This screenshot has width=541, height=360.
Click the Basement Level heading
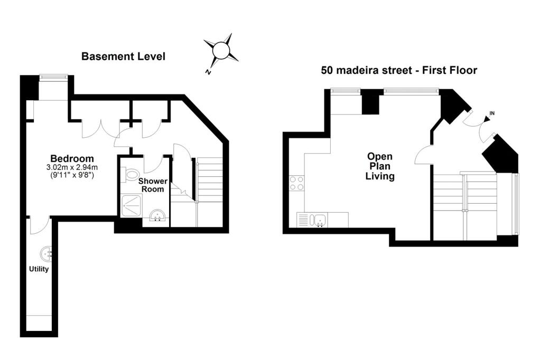pyautogui.click(x=123, y=56)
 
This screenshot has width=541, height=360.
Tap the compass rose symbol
pyautogui.click(x=221, y=50)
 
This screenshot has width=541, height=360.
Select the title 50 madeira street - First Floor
pyautogui.click(x=399, y=70)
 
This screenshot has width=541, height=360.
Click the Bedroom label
pyautogui.click(x=72, y=158)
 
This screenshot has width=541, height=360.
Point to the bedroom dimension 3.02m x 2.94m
pyautogui.click(x=72, y=167)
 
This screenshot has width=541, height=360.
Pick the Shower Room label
pyautogui.click(x=153, y=185)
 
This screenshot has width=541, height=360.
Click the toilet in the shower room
pyautogui.click(x=129, y=174)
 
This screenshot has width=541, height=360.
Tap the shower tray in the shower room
pyautogui.click(x=131, y=206)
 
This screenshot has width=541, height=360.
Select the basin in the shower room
pyautogui.click(x=158, y=215)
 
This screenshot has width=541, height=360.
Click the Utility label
pyautogui.click(x=39, y=269)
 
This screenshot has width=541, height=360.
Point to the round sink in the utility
pyautogui.click(x=46, y=254)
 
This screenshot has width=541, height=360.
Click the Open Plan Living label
pyautogui.click(x=380, y=166)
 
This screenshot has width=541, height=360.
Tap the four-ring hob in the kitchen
pyautogui.click(x=297, y=183)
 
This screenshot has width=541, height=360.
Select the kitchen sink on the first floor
pyautogui.click(x=319, y=220)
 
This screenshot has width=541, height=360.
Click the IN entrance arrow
pyautogui.click(x=488, y=119)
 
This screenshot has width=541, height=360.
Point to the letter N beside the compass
pyautogui.click(x=208, y=72)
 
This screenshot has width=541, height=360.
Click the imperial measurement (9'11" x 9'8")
pyautogui.click(x=72, y=175)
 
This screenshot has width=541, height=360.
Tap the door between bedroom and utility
pyautogui.click(x=39, y=225)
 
